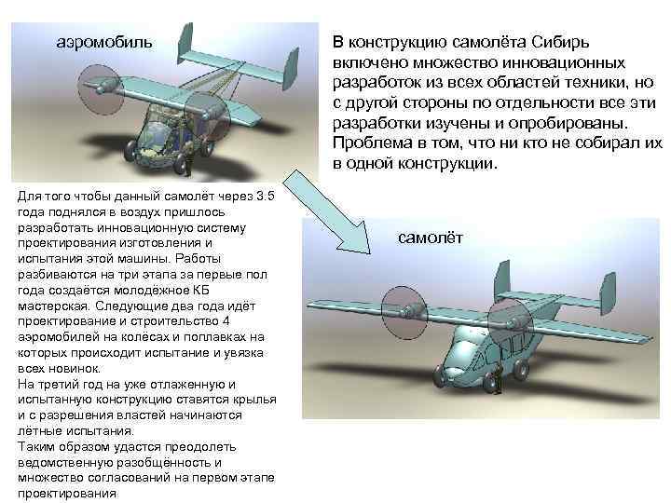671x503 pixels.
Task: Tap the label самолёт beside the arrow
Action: tap(437, 238)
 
